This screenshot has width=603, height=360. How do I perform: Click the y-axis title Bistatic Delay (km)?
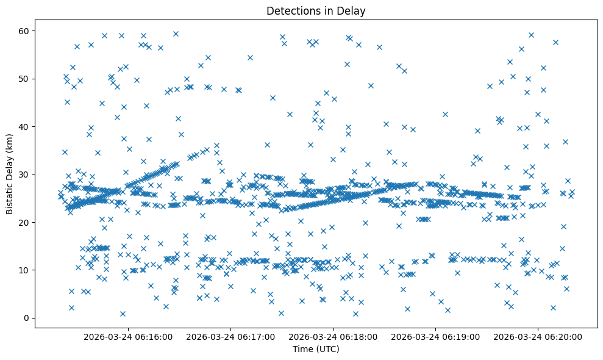(10, 174)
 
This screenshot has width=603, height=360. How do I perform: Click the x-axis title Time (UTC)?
(316, 350)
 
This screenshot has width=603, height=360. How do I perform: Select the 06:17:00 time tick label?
(232, 336)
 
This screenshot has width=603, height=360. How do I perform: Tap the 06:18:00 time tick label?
(334, 336)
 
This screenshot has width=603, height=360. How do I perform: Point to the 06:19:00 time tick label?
(436, 336)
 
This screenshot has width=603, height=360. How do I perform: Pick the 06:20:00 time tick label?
(538, 336)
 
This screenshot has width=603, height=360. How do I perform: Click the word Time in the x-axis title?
(302, 350)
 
